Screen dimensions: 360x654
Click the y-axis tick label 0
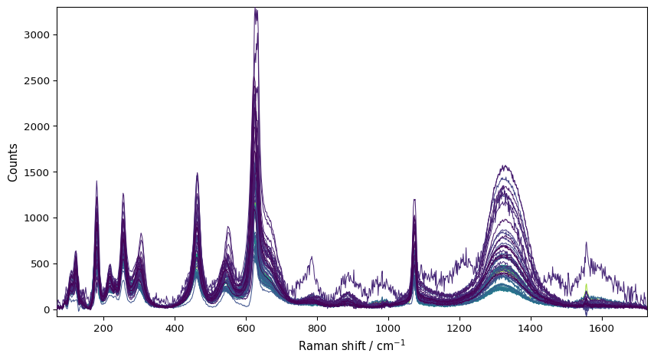47,309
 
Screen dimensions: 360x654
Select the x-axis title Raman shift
352,345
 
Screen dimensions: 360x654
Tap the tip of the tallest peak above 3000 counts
255,8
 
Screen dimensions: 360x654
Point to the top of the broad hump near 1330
505,165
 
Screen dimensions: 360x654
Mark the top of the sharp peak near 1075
414,199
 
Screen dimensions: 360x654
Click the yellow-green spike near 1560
586,286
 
